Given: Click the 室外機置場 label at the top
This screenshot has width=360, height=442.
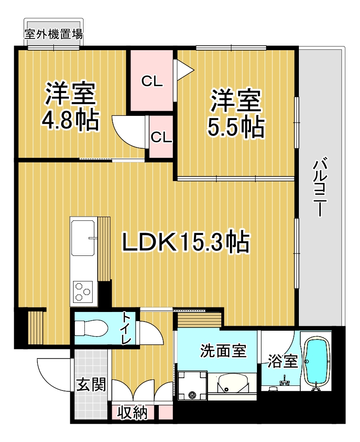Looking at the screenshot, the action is click(x=53, y=34).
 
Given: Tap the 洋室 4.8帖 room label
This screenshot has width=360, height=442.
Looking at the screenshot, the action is click(x=70, y=106).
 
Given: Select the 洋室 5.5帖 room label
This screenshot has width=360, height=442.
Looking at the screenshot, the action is click(x=236, y=113).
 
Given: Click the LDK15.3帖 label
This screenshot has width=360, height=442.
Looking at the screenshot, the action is click(x=186, y=242).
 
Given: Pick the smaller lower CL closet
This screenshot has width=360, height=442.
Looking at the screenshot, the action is click(x=161, y=137).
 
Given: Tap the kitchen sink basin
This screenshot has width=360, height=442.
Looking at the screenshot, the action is click(x=83, y=237).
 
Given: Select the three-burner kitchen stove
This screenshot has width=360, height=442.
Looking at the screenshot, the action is click(x=83, y=291).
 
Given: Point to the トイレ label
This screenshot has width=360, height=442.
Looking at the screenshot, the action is click(x=126, y=328).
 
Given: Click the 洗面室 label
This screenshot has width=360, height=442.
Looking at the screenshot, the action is click(x=223, y=351).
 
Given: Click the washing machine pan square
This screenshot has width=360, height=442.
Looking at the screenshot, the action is click(x=193, y=385).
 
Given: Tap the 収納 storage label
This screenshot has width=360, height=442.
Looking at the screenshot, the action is click(x=132, y=413).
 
